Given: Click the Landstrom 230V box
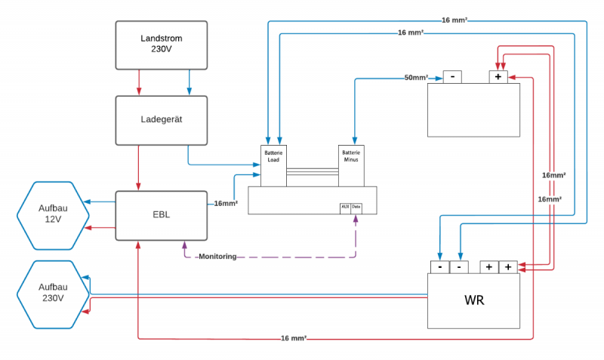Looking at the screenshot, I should point(161,44).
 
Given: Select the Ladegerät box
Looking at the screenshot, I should point(161,119).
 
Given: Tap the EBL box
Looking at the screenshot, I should point(161,215).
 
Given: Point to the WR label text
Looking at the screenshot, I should point(473,300).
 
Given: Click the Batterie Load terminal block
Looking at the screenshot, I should point(273,165).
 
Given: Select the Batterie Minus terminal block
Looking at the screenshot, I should point(351,165).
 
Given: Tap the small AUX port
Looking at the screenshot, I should point(344,207).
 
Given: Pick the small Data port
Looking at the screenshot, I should point(356,207).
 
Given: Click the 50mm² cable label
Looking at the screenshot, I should point(416,78).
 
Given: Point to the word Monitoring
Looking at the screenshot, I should point(217,257).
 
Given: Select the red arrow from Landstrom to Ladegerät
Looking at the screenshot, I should point(139,82).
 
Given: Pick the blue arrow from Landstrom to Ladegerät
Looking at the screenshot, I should point(188,82).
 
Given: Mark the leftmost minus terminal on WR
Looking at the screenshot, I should point(439,267).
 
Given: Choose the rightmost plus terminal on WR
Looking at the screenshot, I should point(509,267).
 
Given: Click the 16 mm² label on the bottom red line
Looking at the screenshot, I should point(293,338).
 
